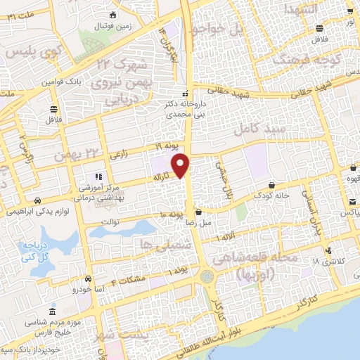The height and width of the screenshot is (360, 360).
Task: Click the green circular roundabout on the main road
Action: pos(207,276)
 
